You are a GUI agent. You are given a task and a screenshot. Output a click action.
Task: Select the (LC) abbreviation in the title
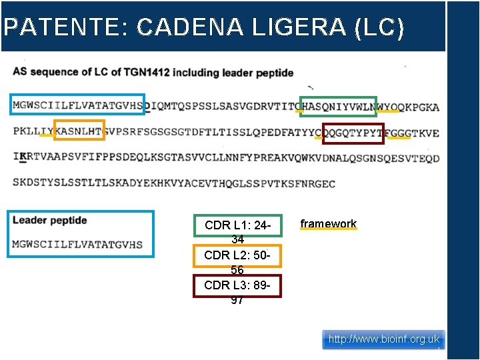[380, 27]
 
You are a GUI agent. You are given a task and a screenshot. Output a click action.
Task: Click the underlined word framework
[329, 224]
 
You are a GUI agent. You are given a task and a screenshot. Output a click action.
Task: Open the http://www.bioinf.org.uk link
[384, 339]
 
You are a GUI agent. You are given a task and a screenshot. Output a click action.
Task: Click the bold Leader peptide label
[50, 221]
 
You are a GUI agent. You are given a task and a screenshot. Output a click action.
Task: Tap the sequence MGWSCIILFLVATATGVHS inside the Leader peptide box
[77, 244]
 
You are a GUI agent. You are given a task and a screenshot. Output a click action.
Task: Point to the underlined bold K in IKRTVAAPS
[23, 157]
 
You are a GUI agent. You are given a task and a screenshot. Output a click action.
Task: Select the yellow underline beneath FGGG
[399, 139]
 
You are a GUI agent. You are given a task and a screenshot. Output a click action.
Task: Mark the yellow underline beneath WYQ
[387, 111]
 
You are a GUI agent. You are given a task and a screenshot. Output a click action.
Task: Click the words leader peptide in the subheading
[258, 72]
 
